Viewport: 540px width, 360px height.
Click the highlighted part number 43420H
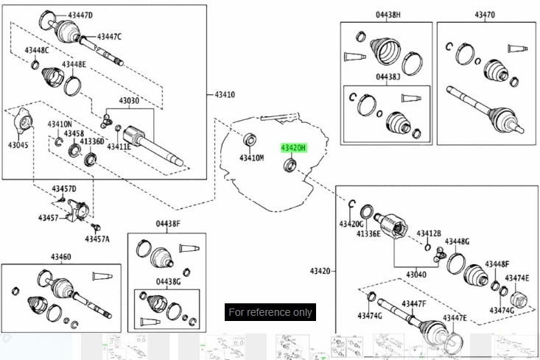point(292,148)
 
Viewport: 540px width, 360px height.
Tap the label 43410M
point(251,158)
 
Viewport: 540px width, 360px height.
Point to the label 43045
point(18,145)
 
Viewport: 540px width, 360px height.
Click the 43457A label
point(97,239)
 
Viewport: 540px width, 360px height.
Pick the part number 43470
point(484,14)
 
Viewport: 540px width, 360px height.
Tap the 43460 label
point(61,257)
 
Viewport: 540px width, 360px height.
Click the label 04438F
point(167,223)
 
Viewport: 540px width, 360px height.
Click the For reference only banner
point(270,312)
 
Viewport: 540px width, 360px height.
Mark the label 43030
point(130,101)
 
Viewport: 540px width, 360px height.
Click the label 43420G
point(351,223)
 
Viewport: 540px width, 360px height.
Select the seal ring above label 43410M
point(250,140)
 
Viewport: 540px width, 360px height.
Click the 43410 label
point(225,95)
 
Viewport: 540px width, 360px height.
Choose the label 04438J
point(388,77)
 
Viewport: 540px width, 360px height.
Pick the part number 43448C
point(36,50)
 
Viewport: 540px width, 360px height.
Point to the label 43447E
point(455,317)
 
